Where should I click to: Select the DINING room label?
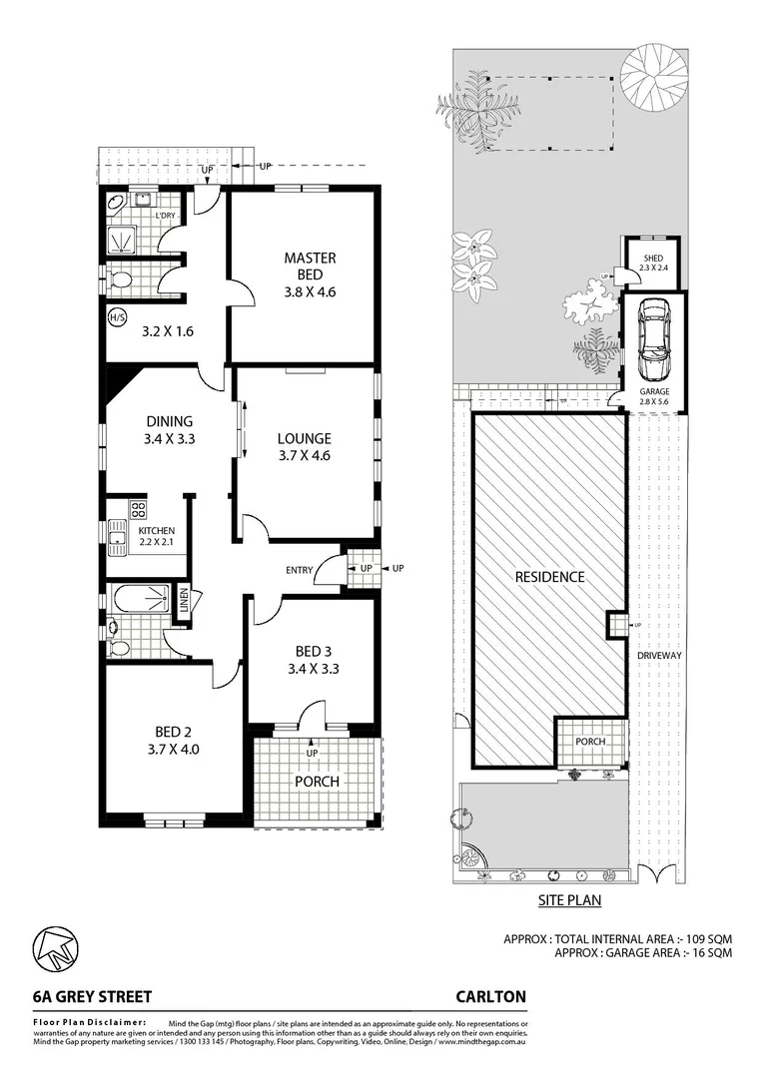pos(168,429)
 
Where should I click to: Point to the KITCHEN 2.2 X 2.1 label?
pos(156,536)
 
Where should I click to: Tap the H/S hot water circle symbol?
pos(116,318)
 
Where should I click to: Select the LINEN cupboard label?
pos(184,603)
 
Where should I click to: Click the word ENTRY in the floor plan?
pos(299,570)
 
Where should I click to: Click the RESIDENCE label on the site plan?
pos(549,576)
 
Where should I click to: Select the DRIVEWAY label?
pos(660,655)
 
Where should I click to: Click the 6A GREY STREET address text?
pos(90,996)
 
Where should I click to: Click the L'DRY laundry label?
pos(165,215)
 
